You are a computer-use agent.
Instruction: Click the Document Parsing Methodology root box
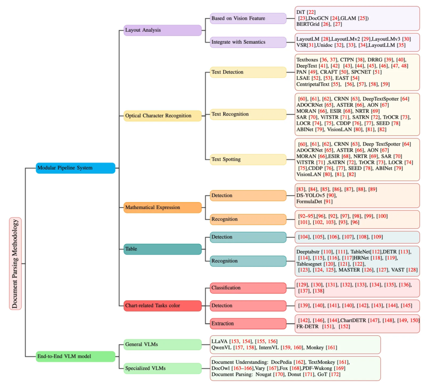(15, 263)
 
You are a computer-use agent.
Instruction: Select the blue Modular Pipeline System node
(75, 168)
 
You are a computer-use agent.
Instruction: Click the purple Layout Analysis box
(162, 30)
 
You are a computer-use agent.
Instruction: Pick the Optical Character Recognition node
(162, 116)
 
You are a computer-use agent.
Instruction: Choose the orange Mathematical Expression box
(162, 207)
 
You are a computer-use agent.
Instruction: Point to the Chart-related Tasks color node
(162, 305)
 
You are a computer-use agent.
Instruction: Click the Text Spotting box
(248, 160)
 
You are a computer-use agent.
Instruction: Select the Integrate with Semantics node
(248, 42)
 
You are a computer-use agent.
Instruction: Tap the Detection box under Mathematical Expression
(248, 195)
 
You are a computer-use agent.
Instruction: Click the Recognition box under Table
(248, 261)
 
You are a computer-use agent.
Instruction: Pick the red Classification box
(248, 288)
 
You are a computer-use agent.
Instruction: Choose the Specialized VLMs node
(162, 368)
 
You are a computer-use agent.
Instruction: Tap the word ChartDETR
(354, 320)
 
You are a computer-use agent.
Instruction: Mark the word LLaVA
(220, 342)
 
